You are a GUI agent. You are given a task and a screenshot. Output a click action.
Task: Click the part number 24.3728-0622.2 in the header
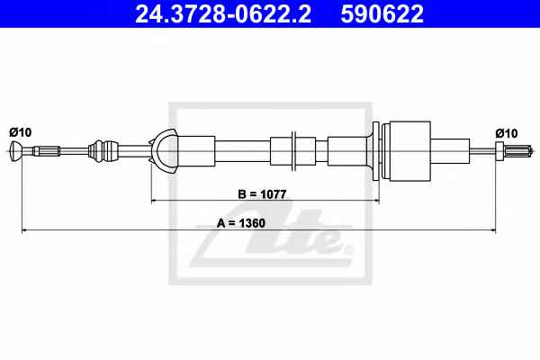tap(223, 13)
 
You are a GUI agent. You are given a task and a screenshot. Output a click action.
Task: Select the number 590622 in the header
tap(382, 13)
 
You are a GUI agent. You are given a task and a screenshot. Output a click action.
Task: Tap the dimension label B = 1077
tap(262, 194)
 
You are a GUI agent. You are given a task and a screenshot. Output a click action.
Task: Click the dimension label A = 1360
tap(241, 223)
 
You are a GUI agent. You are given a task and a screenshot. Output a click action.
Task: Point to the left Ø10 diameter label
tap(21, 132)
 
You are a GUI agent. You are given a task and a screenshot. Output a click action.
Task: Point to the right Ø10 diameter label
tap(507, 133)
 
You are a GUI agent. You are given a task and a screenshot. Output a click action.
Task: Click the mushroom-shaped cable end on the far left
tap(16, 151)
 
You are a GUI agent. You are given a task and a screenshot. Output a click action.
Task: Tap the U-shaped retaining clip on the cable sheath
tap(164, 151)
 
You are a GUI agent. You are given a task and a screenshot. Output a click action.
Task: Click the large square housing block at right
tap(407, 150)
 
